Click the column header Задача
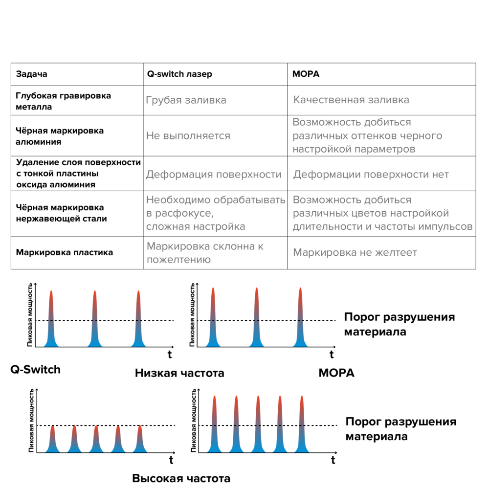[x=32, y=74]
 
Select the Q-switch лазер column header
[x=179, y=74]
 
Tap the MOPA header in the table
[x=306, y=74]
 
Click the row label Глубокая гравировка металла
[x=63, y=101]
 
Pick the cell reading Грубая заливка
[x=186, y=100]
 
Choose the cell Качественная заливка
[x=351, y=100]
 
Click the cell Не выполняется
[x=188, y=135]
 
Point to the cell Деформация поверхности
[x=214, y=175]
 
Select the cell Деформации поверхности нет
[x=371, y=175]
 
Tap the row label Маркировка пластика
[x=65, y=253]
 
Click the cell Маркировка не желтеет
[x=355, y=253]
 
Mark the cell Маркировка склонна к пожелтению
[x=205, y=253]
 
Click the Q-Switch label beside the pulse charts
[x=36, y=369]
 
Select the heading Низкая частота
[x=179, y=374]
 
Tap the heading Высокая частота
[x=181, y=478]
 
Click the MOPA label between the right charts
[x=336, y=373]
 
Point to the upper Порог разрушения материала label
[x=399, y=324]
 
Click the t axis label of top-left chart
[x=169, y=354]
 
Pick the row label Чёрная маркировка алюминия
[x=60, y=136]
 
